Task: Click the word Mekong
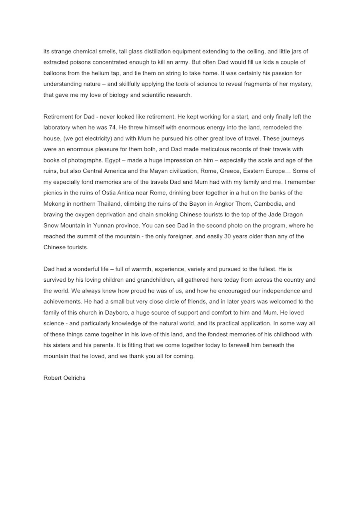pos(54,204)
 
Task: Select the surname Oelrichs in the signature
pos(75,378)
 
